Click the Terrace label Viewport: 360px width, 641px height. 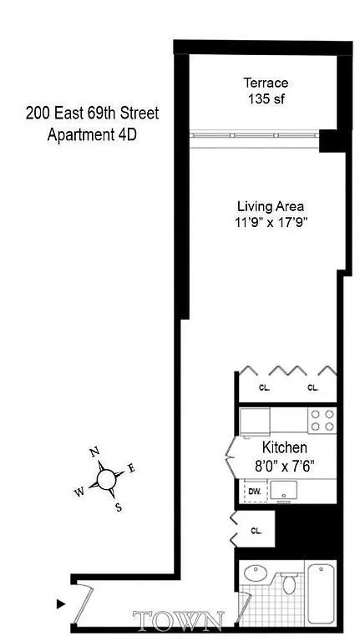coord(266,83)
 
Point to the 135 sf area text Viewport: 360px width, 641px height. coord(266,98)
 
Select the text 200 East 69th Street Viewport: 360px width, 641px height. coord(92,113)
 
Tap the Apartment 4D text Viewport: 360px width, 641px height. coord(92,133)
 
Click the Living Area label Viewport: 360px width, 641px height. coord(270,206)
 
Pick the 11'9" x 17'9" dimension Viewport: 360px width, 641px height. coord(270,222)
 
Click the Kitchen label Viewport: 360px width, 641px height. coord(284,447)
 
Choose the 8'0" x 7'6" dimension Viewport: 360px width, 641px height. coord(284,464)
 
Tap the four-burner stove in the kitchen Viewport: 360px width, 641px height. coord(322,419)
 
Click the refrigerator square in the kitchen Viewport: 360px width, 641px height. coord(255,419)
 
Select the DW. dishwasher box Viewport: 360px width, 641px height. coord(254,492)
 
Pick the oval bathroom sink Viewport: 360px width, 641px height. coord(254,576)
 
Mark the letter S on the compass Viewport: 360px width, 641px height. coord(118,506)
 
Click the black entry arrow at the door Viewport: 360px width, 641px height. coord(60,603)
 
